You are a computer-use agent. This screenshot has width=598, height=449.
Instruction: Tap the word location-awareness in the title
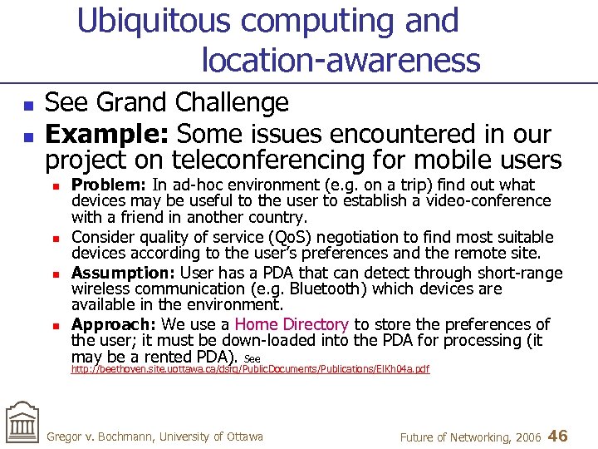tap(341, 60)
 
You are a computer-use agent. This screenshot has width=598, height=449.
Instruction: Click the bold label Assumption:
tap(121, 273)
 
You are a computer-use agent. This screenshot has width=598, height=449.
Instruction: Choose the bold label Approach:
tap(112, 324)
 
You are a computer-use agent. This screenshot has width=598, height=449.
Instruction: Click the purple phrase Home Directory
tap(292, 324)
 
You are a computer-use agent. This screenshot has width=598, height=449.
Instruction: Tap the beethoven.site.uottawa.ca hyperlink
tap(250, 369)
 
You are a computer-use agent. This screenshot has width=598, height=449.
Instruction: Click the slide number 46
tap(558, 436)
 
